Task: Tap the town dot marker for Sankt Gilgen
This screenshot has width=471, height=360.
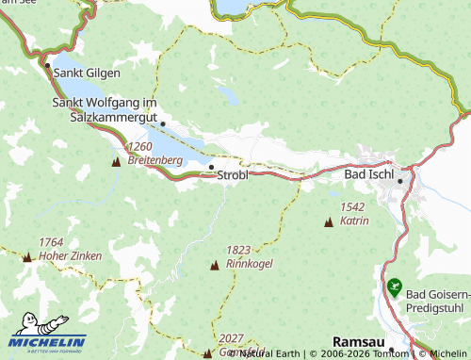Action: pos(47,65)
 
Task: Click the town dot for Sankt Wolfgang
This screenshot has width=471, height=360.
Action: pos(162,123)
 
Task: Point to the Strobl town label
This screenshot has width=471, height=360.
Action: pos(233,175)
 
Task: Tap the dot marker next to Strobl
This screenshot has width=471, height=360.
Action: pos(211,168)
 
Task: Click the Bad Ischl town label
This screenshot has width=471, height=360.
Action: pos(369,176)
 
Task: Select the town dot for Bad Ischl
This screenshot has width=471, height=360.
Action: pos(400,181)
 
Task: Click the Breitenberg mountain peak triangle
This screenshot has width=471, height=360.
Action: pos(116,162)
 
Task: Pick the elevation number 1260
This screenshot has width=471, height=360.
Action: pos(139,147)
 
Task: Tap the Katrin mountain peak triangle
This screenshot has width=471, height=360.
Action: pos(328,223)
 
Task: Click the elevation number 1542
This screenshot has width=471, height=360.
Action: pos(353,206)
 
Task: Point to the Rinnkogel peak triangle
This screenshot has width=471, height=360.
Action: pos(213,266)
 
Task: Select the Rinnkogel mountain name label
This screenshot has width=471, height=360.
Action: pos(250,264)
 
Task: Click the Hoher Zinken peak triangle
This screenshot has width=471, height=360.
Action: pos(27,257)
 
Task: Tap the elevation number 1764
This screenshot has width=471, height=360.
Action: pos(51,242)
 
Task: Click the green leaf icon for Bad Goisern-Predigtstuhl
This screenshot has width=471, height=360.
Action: pos(393,285)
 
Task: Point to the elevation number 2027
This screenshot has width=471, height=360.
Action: pos(232,337)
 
